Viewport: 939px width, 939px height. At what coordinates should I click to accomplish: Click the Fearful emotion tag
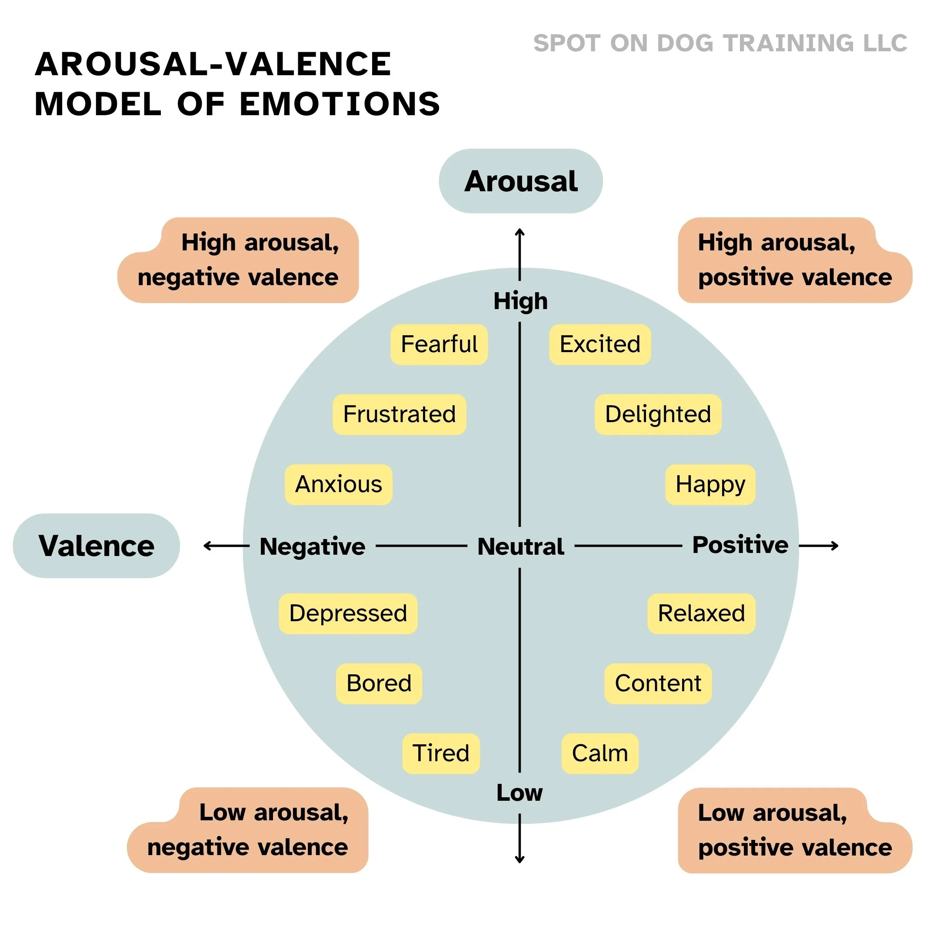click(439, 345)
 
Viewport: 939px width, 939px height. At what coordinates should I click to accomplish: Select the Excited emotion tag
click(600, 345)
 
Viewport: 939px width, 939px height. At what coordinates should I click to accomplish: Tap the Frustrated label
click(400, 415)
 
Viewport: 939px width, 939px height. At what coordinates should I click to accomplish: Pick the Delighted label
click(658, 415)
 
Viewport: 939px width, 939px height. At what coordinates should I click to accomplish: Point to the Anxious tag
click(339, 485)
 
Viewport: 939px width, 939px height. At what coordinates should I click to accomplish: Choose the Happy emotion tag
click(710, 485)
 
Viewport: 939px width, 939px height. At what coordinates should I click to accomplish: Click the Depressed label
click(348, 613)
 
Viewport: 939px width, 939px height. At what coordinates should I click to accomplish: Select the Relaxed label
click(701, 613)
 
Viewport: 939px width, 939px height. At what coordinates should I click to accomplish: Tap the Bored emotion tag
click(379, 683)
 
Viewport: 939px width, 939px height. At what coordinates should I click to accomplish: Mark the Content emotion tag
click(658, 683)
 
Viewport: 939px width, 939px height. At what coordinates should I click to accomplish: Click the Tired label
click(441, 753)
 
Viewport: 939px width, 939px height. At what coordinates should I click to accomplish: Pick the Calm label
click(600, 753)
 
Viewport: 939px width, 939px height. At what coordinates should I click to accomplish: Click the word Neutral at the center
click(520, 546)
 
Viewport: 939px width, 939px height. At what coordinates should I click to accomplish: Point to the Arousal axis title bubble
click(520, 181)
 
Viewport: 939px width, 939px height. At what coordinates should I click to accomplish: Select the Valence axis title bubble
click(96, 546)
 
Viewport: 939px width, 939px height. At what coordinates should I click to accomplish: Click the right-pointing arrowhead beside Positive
click(836, 546)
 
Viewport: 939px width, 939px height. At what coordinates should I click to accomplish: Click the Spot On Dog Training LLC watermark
click(720, 43)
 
